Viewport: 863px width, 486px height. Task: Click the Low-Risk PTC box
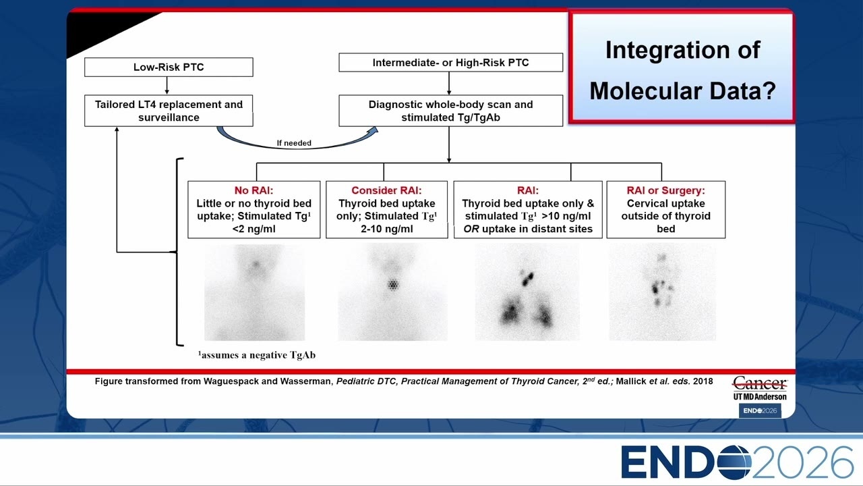point(169,67)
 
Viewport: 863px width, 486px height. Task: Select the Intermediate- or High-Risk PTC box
point(451,63)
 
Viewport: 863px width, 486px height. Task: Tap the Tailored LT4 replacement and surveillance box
point(169,111)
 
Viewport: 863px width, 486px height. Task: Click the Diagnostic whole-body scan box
point(451,111)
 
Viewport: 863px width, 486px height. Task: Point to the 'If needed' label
point(294,142)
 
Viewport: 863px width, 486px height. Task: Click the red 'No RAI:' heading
point(254,190)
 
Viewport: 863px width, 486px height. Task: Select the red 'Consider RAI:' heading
point(386,190)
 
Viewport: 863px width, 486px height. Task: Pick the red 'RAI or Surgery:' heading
point(665,190)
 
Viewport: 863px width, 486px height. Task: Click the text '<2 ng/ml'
point(254,229)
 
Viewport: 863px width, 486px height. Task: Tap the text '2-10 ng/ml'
point(387,229)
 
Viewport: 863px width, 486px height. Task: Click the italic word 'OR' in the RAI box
point(471,229)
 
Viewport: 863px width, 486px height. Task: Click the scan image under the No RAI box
point(254,292)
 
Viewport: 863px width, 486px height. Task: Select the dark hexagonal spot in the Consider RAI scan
point(393,285)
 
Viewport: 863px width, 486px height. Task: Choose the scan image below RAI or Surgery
point(662,292)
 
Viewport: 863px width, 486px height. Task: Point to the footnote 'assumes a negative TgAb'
point(257,355)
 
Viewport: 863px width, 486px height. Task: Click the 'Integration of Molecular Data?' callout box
point(682,68)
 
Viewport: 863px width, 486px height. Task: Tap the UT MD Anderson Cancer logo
point(760,388)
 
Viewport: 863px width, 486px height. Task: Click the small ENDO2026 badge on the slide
point(760,411)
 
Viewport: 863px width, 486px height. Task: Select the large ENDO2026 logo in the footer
point(737,462)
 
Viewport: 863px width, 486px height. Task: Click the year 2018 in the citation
point(703,381)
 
